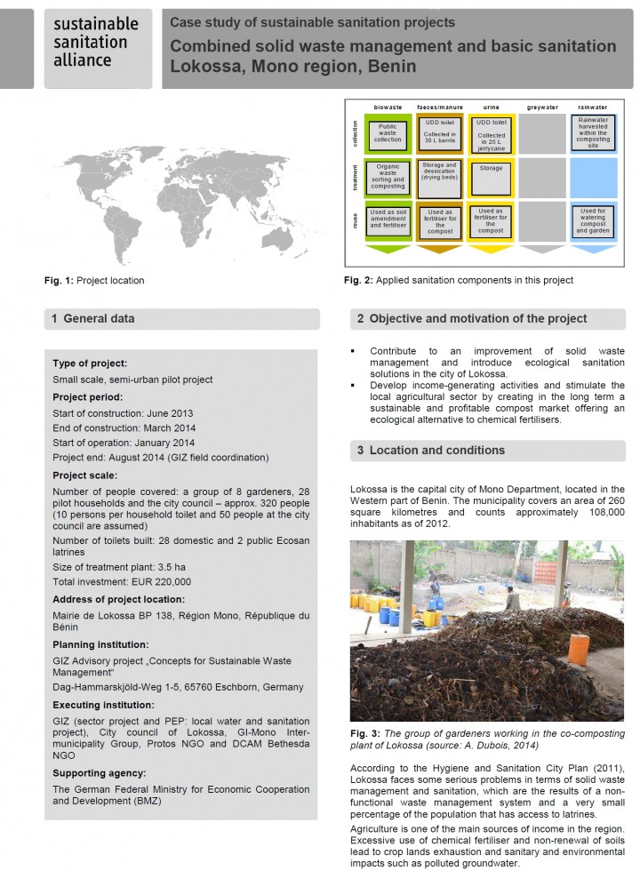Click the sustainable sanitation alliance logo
pyautogui.click(x=96, y=42)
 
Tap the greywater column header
pyautogui.click(x=541, y=108)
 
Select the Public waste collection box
pyautogui.click(x=388, y=134)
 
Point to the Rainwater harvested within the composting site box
pyautogui.click(x=593, y=132)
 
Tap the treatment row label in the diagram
pyautogui.click(x=354, y=177)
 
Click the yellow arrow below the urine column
pyautogui.click(x=490, y=250)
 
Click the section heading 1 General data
pyautogui.click(x=92, y=318)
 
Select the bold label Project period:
pyautogui.click(x=87, y=396)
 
